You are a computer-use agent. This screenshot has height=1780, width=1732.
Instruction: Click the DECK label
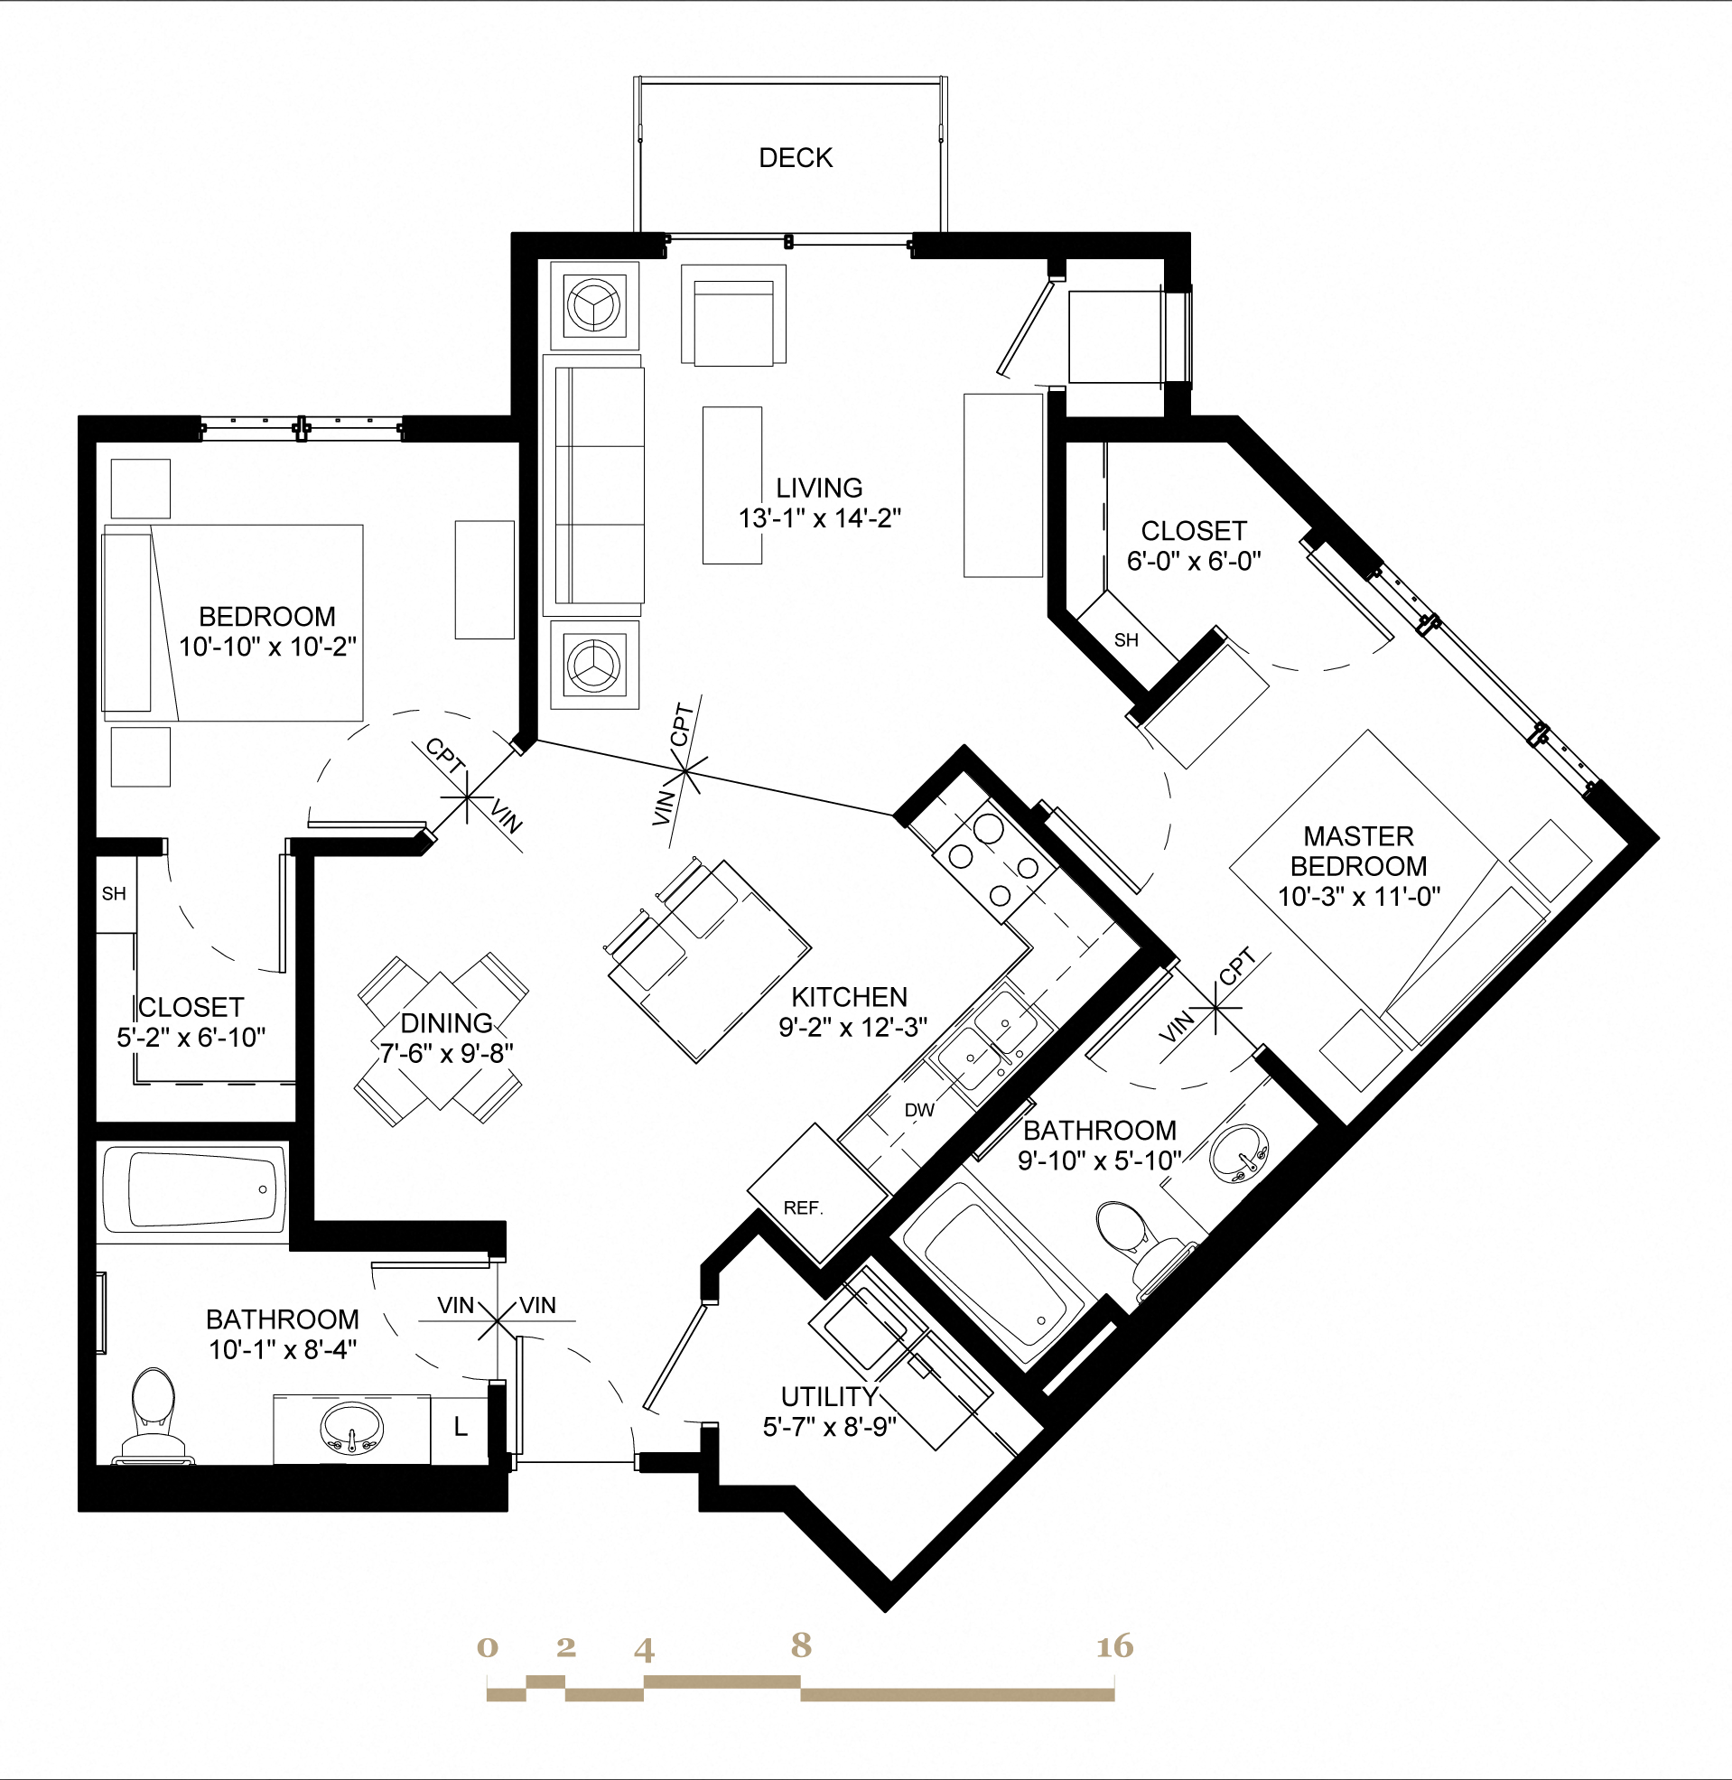[795, 158]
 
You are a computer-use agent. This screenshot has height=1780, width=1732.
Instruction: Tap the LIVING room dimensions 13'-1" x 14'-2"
[819, 518]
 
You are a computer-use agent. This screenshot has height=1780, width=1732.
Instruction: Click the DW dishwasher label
[919, 1110]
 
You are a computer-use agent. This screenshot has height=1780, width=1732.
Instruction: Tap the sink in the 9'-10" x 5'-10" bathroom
[1238, 1153]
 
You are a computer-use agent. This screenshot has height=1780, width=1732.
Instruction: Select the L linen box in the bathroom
[461, 1427]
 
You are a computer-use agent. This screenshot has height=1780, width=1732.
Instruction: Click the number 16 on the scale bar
[1115, 1645]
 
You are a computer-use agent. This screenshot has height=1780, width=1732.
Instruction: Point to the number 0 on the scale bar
[488, 1647]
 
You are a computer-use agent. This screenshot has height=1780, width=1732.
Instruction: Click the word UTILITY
[829, 1396]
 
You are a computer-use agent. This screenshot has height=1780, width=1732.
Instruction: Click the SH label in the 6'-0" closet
[1126, 640]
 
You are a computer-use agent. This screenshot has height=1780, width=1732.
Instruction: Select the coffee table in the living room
[731, 485]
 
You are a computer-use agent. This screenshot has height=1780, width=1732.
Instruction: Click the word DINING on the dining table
[446, 1023]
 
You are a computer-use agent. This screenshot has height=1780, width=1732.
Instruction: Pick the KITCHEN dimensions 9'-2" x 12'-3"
[852, 1027]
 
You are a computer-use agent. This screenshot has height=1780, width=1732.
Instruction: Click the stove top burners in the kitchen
[987, 860]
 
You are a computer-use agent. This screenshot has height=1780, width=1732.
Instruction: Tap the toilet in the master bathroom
[1132, 1237]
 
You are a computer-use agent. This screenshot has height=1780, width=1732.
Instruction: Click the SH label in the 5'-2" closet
[114, 894]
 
